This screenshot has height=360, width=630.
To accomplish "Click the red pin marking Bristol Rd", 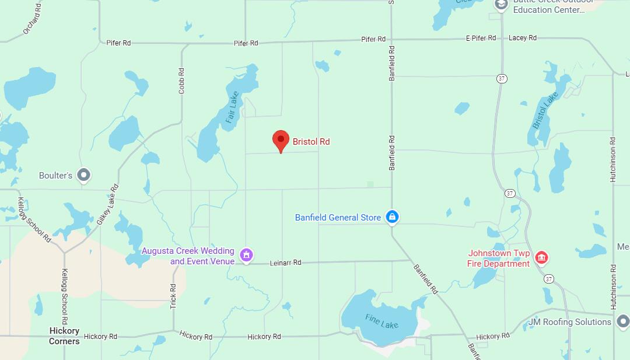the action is coord(281,141).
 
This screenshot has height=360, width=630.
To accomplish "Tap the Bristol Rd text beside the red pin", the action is coord(311,142).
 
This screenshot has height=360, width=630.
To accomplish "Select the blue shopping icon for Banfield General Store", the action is coord(393,217).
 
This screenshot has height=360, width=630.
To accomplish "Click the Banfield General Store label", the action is coord(338,218).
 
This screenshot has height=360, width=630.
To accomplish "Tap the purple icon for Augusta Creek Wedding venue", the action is coord(247,255).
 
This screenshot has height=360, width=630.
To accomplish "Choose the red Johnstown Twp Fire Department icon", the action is coord(541,257).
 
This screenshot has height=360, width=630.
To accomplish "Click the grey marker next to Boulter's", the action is coord(84,174).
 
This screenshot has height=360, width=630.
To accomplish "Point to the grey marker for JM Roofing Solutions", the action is coord(622,321).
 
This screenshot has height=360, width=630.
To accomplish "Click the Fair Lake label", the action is coord(232,107).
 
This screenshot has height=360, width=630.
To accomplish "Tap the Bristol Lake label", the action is coord(545,110).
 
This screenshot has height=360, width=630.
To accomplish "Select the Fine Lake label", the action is coord(382,321).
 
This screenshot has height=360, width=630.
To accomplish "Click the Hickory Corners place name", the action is coord(64,335).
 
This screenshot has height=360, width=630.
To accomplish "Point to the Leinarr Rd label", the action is coord(285,263).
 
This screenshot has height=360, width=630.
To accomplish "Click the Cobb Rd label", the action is coord(181,81).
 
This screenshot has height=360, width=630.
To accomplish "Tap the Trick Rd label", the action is coord(173,296).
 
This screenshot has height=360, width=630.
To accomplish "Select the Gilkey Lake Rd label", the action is coord(108,204).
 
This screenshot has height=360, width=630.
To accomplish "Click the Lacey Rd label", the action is coord(522,38).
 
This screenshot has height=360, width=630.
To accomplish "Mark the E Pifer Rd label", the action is coord(481,38).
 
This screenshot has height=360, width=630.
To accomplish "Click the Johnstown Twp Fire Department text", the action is coord(498,258).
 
